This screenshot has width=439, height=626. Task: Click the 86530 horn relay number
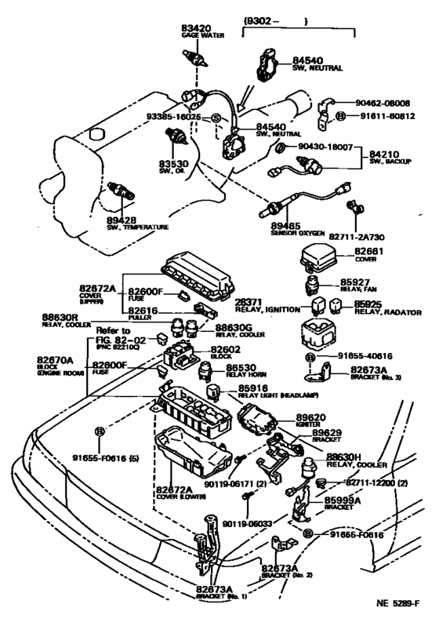[243, 366]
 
